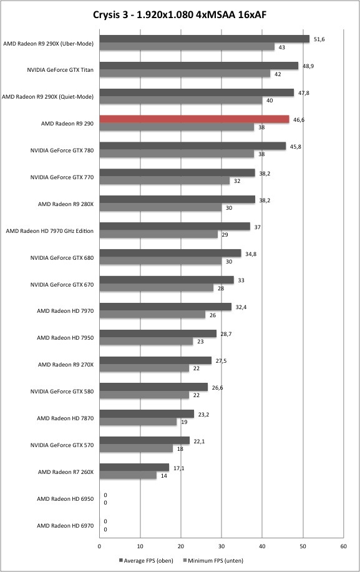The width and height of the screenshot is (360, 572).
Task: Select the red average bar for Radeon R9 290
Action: [194, 119]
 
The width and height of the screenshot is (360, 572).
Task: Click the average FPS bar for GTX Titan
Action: [199, 66]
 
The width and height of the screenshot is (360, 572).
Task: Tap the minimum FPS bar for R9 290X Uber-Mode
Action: [187, 47]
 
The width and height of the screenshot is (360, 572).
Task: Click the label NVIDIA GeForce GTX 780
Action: [62, 150]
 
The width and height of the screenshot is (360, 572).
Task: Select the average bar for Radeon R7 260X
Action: [134, 467]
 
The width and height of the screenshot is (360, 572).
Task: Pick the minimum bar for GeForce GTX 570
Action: [136, 449]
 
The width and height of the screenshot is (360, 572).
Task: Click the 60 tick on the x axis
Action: [344, 546]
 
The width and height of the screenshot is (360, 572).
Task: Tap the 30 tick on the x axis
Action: [221, 546]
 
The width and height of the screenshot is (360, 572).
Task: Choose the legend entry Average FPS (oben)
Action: [146, 560]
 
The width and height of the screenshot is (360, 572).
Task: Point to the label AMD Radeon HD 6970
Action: [66, 526]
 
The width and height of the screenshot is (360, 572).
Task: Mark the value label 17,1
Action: [179, 468]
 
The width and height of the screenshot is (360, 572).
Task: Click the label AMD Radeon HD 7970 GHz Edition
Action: [49, 231]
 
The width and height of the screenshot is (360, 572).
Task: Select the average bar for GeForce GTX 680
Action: [170, 253]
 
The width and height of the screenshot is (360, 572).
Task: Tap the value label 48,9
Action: [308, 66]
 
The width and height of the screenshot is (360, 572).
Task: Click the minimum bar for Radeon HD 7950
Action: [146, 342]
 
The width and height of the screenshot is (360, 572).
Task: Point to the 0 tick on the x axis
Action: [99, 546]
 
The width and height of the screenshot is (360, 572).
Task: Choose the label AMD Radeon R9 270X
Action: [66, 365]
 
